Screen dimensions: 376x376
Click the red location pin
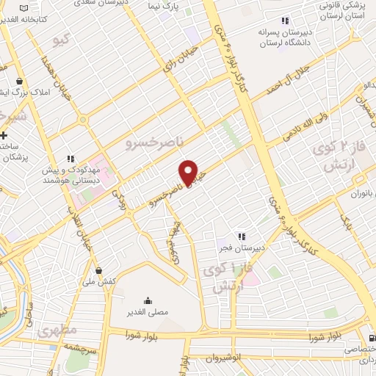point(189,172)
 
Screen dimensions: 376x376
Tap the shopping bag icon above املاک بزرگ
point(19,82)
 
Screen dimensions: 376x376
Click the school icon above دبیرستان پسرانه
point(285,21)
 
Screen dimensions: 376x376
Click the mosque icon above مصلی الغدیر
point(149,300)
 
